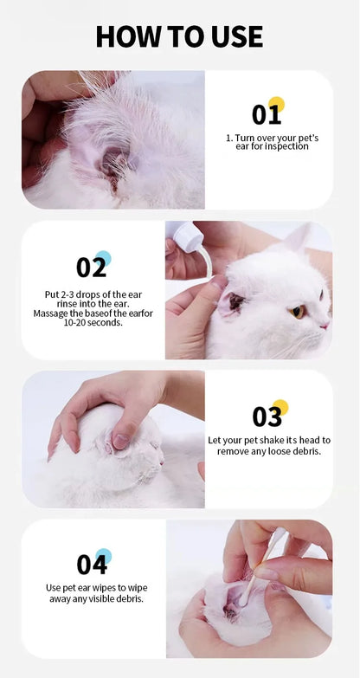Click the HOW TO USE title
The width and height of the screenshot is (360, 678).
point(179,36)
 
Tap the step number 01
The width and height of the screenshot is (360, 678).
point(266,114)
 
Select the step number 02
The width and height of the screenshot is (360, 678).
point(91,267)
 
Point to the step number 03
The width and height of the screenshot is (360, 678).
point(267,416)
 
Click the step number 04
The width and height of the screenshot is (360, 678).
point(91,565)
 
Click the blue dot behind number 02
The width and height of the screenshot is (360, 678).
point(103,257)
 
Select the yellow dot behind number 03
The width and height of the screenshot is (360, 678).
point(280,407)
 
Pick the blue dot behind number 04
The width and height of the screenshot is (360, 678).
point(104,556)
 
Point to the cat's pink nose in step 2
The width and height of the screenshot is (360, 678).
point(324,326)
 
